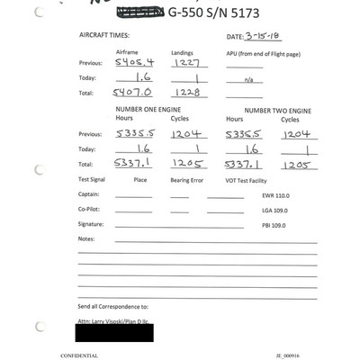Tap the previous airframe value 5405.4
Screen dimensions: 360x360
point(130,63)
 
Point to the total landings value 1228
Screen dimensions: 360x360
point(184,92)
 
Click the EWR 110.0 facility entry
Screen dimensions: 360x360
point(276,194)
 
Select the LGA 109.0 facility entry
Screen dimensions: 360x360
point(276,209)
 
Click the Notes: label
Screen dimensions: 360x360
point(86,238)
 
